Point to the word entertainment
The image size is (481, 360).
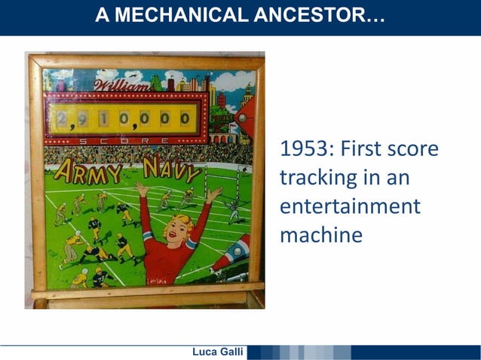coord(350,206)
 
